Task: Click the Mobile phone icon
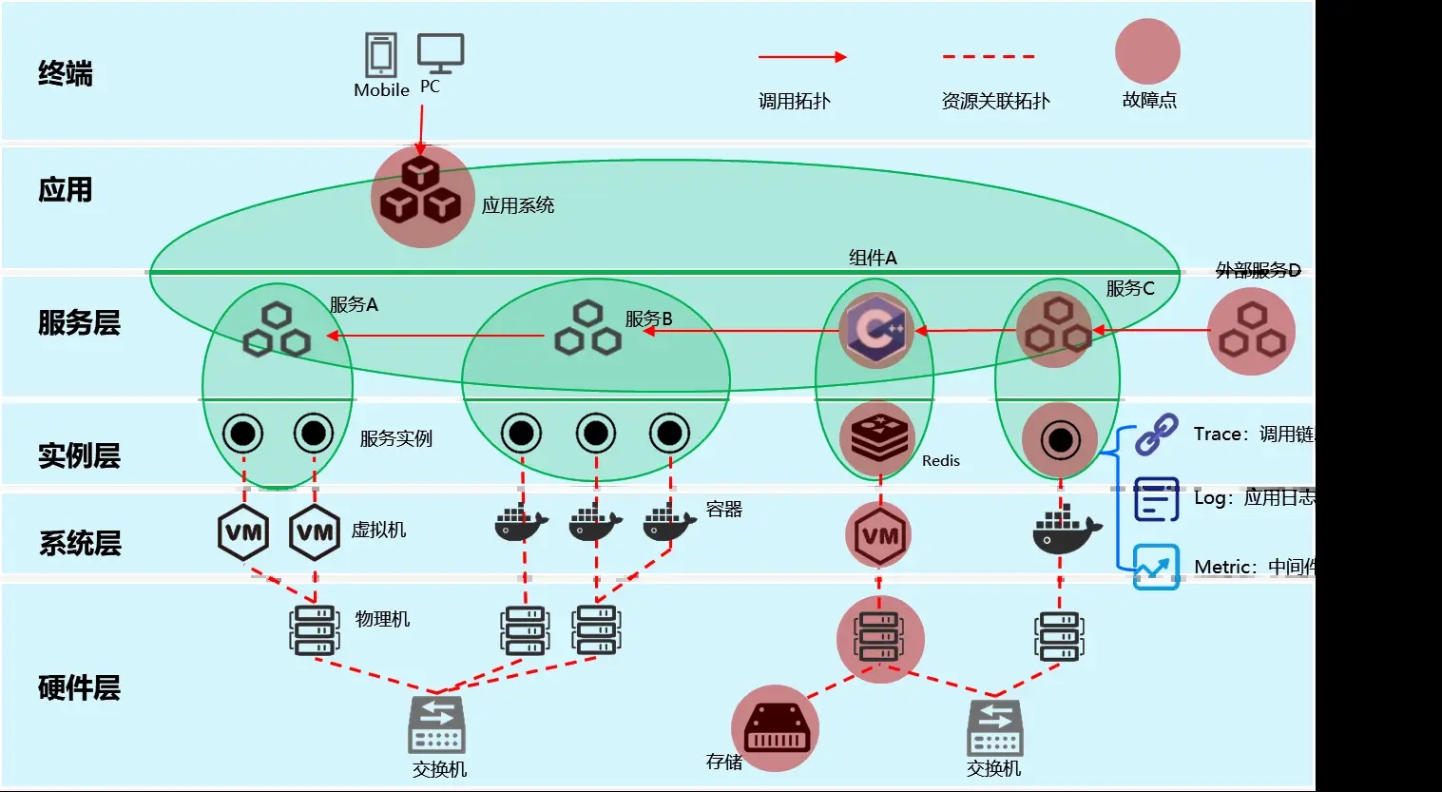point(381,55)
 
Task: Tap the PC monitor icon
point(440,53)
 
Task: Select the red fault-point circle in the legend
point(1147,52)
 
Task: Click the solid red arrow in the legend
point(801,57)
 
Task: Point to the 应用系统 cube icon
point(421,196)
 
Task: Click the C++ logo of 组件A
point(875,331)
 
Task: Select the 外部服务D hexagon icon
point(1251,331)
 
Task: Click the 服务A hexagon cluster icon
point(277,329)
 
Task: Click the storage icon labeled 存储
point(776,729)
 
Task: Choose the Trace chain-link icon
point(1157,435)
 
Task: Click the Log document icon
point(1157,499)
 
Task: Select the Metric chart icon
point(1156,567)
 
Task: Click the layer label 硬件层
point(79,687)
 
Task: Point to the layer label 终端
point(65,73)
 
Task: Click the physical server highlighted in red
point(879,637)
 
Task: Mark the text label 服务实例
point(395,438)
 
